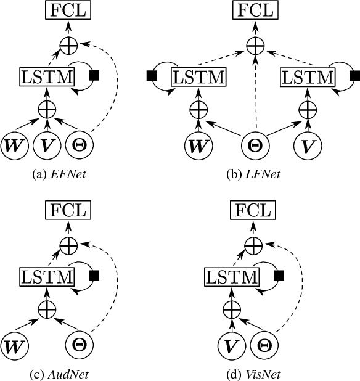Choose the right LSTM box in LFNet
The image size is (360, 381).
point(307,77)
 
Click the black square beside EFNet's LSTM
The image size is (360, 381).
point(94,75)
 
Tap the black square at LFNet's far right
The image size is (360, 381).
point(354,76)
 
